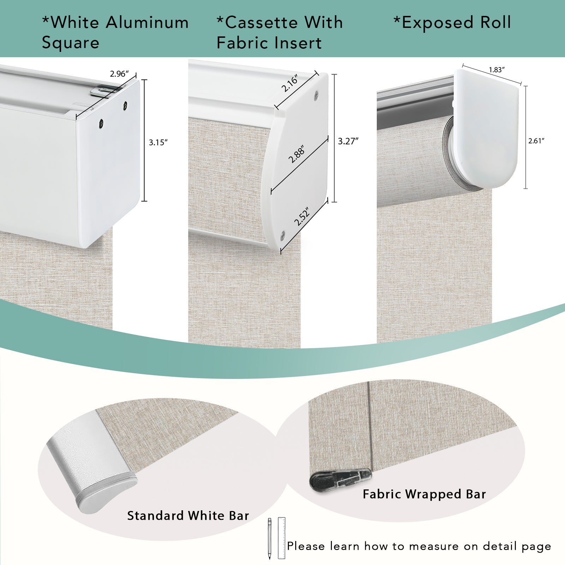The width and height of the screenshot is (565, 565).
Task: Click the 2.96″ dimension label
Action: click(x=119, y=74)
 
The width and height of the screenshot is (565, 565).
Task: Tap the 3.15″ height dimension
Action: click(x=158, y=142)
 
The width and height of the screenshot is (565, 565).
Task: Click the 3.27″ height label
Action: click(x=348, y=141)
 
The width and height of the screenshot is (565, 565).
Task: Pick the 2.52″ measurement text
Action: click(x=302, y=216)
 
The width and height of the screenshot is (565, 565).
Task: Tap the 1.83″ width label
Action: click(x=496, y=70)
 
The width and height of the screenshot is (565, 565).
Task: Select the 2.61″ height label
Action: click(x=536, y=141)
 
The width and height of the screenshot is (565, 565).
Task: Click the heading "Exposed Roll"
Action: click(x=452, y=23)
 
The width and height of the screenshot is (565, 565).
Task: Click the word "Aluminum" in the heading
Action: click(x=147, y=23)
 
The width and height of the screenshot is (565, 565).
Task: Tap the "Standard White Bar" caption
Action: click(x=188, y=516)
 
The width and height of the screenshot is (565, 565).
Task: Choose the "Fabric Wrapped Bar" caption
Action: click(x=424, y=494)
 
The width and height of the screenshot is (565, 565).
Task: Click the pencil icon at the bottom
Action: click(x=269, y=539)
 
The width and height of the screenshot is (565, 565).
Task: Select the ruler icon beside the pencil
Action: click(x=281, y=538)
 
